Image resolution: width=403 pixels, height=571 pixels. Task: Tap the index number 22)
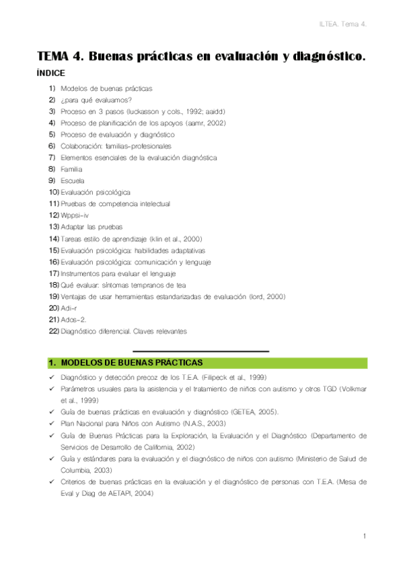(x=54, y=331)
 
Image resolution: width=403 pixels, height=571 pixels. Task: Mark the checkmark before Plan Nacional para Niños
(x=52, y=423)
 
